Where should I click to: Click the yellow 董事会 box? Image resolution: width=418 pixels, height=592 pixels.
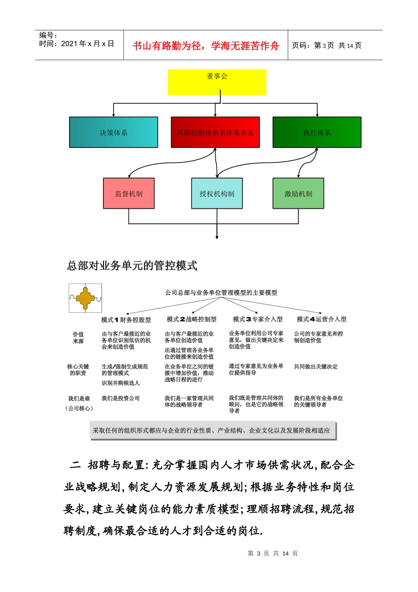coord(217,82)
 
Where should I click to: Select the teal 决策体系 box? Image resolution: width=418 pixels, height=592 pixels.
coord(114,132)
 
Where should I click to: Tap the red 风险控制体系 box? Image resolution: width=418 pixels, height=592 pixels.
coord(215,132)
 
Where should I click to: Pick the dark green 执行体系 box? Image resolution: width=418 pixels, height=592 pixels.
coord(317,132)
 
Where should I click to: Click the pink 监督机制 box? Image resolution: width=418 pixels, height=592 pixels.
coord(129,193)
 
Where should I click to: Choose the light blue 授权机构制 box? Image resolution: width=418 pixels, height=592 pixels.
coord(217,193)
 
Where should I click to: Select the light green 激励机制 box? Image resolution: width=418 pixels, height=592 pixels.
coord(298,193)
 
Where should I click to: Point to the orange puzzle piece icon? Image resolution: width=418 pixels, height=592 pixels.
coord(85,298)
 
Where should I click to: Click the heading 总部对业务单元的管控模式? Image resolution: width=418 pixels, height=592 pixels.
coord(132,266)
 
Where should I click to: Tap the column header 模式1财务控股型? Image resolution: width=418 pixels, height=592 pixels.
coord(126,320)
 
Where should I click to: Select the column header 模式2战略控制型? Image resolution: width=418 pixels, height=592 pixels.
coord(191,319)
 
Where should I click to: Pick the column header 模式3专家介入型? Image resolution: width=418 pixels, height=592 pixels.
coord(257,319)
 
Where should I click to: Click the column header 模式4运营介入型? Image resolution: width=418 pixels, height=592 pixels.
coord(322,319)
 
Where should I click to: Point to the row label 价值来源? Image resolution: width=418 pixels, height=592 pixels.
coord(78,338)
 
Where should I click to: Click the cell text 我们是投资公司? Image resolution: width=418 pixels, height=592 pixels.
coord(121,398)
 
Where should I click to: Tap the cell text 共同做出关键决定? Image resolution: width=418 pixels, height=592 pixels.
coord(316,366)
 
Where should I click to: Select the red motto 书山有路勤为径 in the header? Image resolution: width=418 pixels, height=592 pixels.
coord(206,46)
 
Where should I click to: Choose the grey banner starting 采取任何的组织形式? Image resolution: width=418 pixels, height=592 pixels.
coord(213,430)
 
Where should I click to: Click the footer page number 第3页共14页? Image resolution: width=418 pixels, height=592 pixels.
coord(273,553)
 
